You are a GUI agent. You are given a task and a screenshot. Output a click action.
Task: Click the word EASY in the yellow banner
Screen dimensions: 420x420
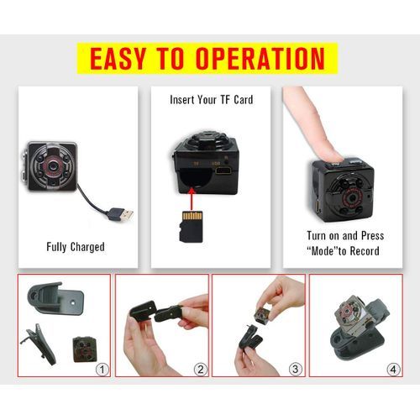(x=118, y=59)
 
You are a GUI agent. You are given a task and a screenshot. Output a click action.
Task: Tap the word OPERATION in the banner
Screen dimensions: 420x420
(x=260, y=59)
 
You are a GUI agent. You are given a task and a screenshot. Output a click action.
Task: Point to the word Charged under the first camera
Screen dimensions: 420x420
(x=87, y=247)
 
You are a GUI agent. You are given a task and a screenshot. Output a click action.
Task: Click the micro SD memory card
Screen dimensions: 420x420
(x=191, y=227)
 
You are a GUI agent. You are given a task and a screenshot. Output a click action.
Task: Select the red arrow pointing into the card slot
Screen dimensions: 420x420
(x=192, y=199)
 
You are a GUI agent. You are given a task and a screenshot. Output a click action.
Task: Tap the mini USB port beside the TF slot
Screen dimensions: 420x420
(x=223, y=171)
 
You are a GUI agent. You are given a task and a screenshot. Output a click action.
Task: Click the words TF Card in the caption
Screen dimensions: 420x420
(x=237, y=100)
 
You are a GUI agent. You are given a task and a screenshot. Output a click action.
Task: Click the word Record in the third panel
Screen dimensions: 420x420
(x=365, y=251)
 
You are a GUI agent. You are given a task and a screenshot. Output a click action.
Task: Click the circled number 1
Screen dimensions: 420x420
(x=102, y=370)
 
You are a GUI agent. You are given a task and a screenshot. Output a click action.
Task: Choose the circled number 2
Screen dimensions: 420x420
(x=200, y=370)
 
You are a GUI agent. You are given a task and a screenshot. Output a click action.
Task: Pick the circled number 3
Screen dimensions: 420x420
(x=296, y=369)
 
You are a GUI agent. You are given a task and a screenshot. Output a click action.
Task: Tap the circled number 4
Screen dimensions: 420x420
(x=393, y=370)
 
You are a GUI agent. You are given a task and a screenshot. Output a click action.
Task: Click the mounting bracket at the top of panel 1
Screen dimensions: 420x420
(x=55, y=298)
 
